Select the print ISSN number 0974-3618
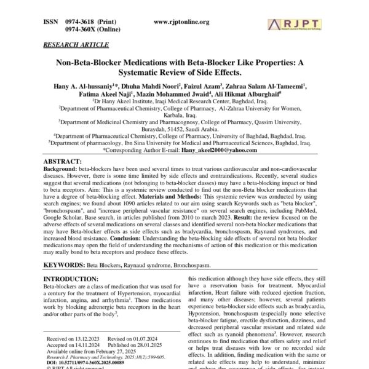pos(84,22)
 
